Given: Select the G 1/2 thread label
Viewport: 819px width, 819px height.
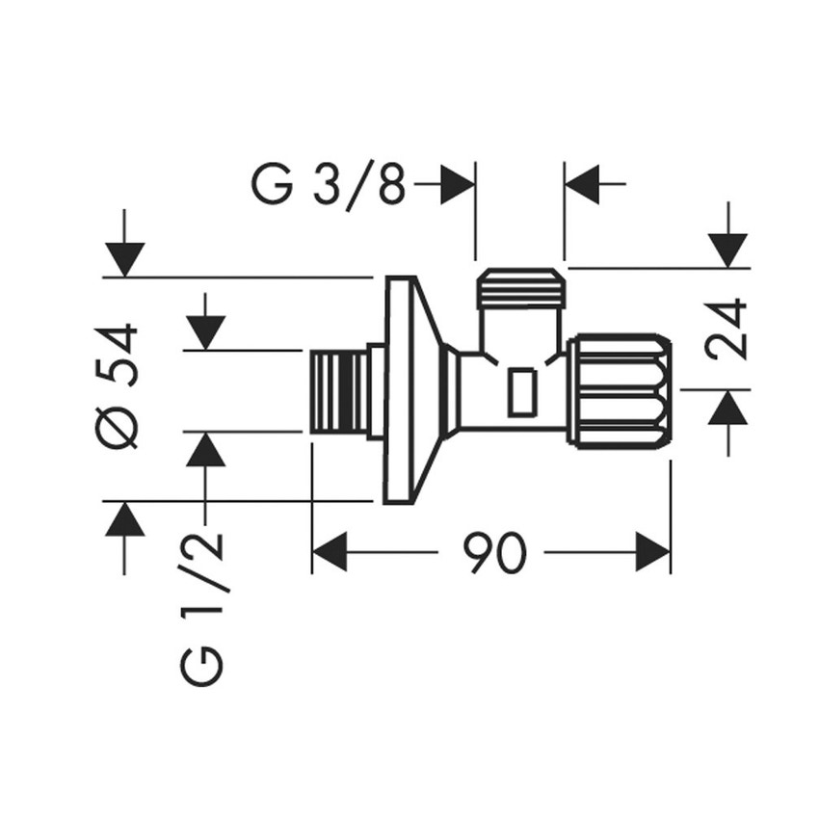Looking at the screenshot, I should click(x=205, y=607).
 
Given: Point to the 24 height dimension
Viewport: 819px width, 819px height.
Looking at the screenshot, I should click(x=727, y=329).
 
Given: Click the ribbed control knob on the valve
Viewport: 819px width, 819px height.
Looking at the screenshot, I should click(x=619, y=389).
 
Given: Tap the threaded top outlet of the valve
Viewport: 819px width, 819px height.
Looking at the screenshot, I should click(x=520, y=288).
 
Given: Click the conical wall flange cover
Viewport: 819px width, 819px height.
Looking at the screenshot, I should click(x=409, y=389).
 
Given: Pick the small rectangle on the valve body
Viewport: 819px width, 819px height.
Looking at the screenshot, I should click(x=522, y=392).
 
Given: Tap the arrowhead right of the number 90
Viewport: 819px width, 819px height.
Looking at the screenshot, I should click(x=652, y=553).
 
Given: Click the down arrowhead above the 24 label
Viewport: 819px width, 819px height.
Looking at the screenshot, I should click(x=727, y=250).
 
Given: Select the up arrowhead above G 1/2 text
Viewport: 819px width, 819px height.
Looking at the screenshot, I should click(x=205, y=450).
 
